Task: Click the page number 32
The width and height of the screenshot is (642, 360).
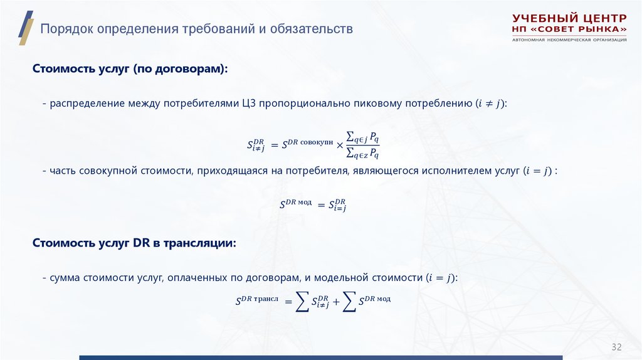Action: pyautogui.click(x=616, y=347)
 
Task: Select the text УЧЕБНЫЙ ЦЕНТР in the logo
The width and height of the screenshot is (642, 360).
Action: pyautogui.click(x=569, y=18)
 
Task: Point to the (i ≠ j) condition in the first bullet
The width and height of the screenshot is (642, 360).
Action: pyautogui.click(x=490, y=103)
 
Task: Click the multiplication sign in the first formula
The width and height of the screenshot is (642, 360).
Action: pyautogui.click(x=340, y=146)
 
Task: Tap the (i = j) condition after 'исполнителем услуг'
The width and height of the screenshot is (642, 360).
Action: pyautogui.click(x=539, y=171)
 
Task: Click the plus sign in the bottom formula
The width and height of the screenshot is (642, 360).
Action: pyautogui.click(x=336, y=302)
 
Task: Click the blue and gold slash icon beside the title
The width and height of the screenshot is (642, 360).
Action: pyautogui.click(x=25, y=28)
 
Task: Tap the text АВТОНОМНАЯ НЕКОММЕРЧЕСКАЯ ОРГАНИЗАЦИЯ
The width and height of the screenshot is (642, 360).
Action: pyautogui.click(x=569, y=40)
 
